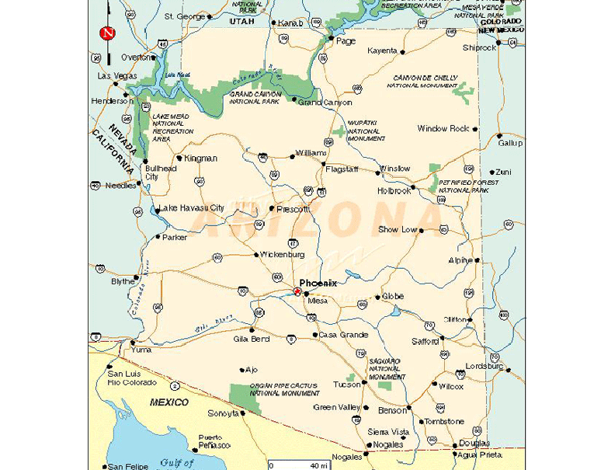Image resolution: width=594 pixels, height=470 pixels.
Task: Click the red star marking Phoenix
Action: point(296,292)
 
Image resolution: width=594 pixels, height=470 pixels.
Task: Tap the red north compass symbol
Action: point(107,33)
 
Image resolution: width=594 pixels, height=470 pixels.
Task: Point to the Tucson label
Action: point(346,385)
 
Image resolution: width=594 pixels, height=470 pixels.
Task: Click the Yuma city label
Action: point(141,350)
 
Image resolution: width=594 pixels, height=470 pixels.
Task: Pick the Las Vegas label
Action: point(116,76)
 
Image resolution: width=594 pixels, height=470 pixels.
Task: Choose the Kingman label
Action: point(200,158)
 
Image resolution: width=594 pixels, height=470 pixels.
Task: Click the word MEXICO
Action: point(169,402)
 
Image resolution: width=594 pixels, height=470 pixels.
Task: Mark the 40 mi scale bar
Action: point(298,465)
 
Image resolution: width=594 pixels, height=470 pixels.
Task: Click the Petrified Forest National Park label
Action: point(464,186)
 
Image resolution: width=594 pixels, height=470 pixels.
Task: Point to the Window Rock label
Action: point(443,129)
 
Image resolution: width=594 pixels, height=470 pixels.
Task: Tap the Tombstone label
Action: point(444,421)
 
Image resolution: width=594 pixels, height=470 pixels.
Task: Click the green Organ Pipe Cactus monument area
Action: point(241,394)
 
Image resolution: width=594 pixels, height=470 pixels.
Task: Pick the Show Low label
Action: point(398,230)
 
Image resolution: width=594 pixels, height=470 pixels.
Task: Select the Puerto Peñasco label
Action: point(214,441)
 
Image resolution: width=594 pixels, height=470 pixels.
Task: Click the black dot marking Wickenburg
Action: point(256,254)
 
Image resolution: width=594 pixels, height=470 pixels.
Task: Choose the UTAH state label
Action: point(242,22)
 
